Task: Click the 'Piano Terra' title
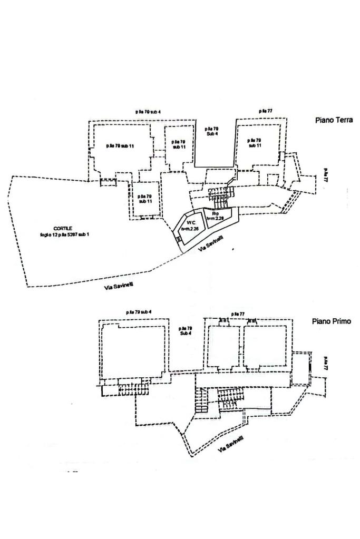click(x=334, y=120)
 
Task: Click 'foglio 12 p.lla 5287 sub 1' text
click(x=65, y=234)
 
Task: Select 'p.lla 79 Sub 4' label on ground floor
click(x=212, y=131)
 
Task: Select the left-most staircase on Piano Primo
click(x=133, y=389)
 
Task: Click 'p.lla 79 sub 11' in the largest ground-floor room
click(x=119, y=145)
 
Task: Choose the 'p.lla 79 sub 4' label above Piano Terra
click(x=148, y=112)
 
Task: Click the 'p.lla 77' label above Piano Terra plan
click(x=265, y=111)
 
